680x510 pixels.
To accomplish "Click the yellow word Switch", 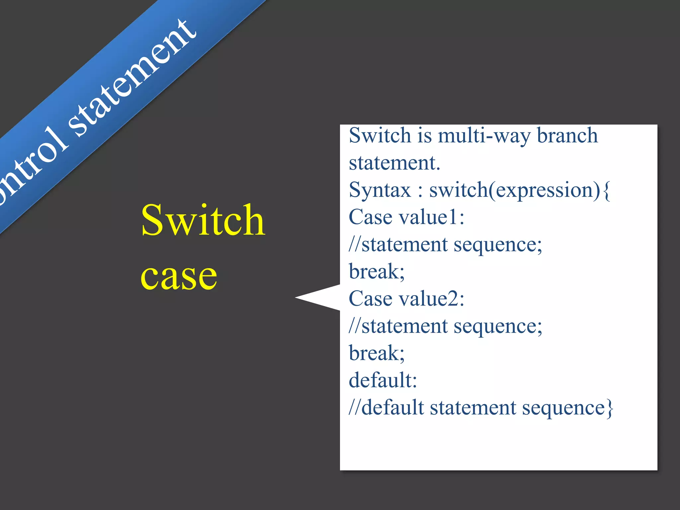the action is (x=203, y=220).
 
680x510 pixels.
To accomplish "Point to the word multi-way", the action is (x=484, y=136).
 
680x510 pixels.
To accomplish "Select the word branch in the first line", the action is (x=567, y=135).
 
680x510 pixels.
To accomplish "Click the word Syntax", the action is (x=380, y=191).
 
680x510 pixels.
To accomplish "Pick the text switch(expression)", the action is (x=514, y=191).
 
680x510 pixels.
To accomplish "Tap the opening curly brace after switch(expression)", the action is (x=607, y=191).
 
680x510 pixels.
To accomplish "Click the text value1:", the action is (x=431, y=217).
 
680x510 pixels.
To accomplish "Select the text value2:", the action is (x=431, y=299).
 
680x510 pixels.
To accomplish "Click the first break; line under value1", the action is (x=377, y=272).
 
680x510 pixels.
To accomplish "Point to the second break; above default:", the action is (x=377, y=353).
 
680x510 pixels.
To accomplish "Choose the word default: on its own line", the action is (x=382, y=380).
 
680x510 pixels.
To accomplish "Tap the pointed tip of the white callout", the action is (x=297, y=298).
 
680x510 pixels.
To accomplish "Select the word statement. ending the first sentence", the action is (x=394, y=163).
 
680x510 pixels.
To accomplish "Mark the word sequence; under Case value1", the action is (x=498, y=245).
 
